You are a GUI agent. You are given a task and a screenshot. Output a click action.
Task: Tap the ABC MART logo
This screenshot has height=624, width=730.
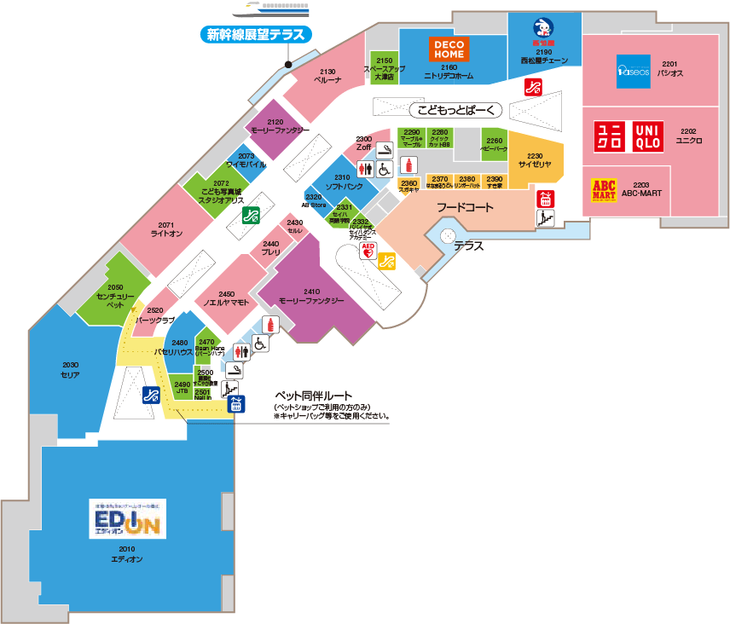point(604,188)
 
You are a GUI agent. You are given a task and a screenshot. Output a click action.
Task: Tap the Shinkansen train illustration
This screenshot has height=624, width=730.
point(272,9)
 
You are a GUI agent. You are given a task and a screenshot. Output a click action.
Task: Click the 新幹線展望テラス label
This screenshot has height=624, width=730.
point(256,35)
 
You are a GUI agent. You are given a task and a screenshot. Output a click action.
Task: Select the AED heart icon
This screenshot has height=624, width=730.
point(368,251)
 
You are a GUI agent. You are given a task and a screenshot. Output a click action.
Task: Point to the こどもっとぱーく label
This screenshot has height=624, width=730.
point(456,110)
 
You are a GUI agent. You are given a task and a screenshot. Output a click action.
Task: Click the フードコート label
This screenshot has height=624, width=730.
point(465,206)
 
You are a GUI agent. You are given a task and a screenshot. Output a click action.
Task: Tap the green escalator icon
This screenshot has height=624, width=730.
point(250,215)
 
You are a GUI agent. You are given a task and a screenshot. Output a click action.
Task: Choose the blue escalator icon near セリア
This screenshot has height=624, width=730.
point(151,395)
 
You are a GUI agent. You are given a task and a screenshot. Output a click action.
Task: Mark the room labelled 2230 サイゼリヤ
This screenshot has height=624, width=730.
point(535,160)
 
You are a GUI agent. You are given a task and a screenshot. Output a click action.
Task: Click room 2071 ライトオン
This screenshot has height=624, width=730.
point(165,225)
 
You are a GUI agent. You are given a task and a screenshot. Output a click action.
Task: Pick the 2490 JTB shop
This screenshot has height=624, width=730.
point(181,388)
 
